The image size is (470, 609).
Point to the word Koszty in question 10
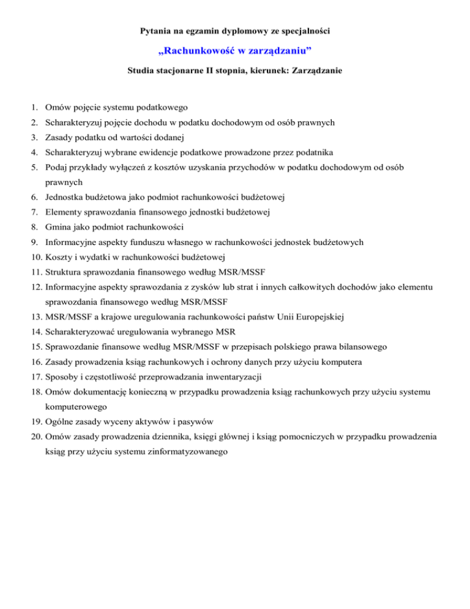click(59, 257)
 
